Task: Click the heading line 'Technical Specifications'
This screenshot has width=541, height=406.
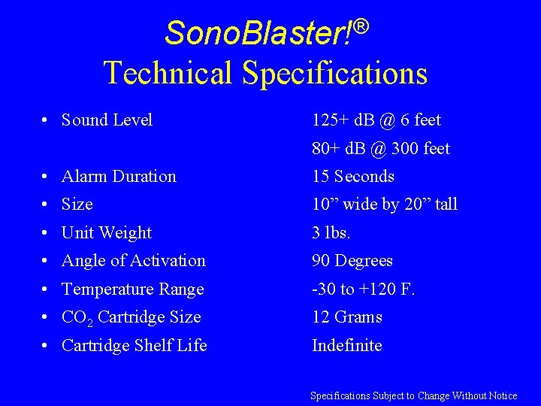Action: (265, 73)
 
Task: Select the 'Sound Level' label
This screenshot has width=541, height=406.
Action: (107, 120)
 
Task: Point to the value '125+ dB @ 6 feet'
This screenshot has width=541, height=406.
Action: (376, 120)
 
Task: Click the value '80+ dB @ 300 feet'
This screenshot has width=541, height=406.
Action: (381, 149)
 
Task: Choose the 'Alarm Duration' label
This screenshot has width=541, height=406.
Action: (119, 177)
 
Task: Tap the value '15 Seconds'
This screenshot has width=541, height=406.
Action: (353, 177)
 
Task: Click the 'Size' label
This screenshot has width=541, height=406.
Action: (77, 205)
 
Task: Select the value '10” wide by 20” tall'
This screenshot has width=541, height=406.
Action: (385, 205)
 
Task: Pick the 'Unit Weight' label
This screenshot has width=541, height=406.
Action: (107, 233)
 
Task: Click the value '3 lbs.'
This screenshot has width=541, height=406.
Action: (331, 233)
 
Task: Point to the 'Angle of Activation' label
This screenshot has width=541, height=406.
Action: (133, 261)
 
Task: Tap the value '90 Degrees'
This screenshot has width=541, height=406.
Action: (352, 261)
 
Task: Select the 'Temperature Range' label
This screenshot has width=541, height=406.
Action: (132, 289)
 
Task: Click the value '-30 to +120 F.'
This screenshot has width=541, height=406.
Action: (364, 289)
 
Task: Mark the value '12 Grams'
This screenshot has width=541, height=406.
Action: (347, 317)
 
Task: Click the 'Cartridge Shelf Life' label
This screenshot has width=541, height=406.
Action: (134, 346)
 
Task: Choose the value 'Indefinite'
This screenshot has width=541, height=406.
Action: (347, 346)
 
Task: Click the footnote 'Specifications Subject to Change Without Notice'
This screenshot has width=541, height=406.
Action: (414, 395)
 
